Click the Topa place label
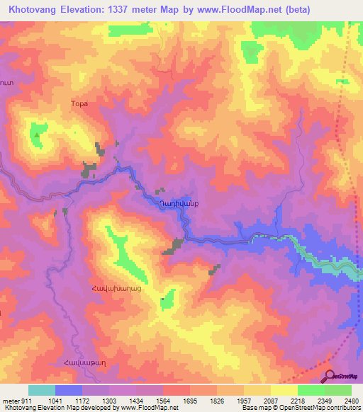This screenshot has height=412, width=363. pos(79,103)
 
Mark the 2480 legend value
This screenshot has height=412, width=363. pos(348,400)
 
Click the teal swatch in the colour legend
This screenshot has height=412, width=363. pos(42,390)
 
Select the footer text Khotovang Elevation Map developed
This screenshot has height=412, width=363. pos(50,408)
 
